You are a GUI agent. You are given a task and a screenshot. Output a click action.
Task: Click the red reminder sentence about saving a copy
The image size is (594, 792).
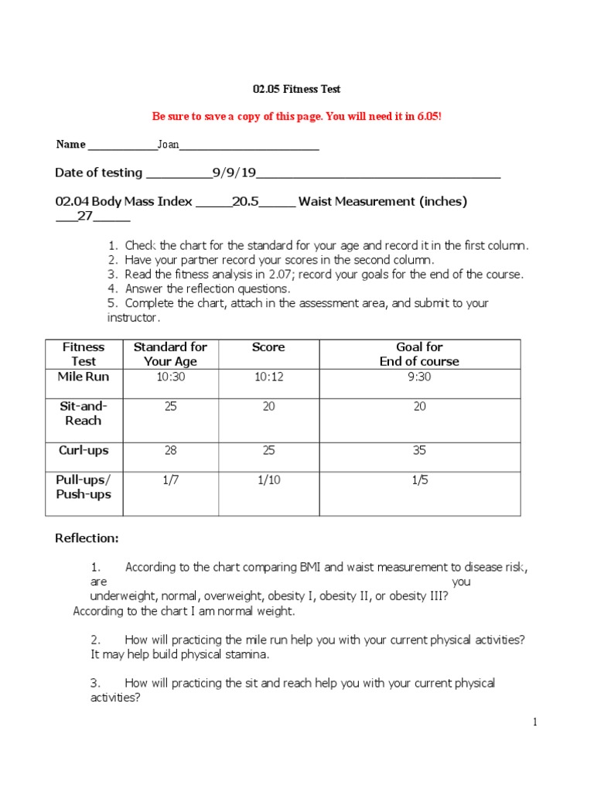click(x=297, y=116)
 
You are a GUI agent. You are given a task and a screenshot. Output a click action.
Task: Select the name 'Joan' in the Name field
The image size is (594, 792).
click(x=168, y=145)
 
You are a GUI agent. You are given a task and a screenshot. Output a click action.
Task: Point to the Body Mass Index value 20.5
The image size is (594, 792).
click(x=245, y=202)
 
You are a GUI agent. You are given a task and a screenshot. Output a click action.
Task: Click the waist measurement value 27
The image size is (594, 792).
click(x=85, y=217)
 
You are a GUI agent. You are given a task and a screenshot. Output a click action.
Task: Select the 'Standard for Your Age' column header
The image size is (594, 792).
click(x=170, y=354)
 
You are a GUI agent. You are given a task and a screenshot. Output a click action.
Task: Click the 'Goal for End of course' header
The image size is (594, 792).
click(x=419, y=354)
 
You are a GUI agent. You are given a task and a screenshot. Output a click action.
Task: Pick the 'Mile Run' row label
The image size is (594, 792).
click(x=84, y=377)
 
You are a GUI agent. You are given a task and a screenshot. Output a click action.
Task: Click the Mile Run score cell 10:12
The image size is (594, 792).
click(x=268, y=377)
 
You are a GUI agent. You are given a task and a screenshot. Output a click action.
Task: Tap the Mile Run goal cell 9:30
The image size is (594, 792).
click(x=419, y=377)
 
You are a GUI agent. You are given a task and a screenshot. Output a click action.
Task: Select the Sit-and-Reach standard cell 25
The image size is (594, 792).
click(x=170, y=407)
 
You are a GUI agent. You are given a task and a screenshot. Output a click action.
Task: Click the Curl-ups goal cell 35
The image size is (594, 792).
click(x=419, y=450)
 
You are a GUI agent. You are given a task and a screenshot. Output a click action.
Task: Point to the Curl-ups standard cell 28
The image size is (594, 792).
click(x=170, y=450)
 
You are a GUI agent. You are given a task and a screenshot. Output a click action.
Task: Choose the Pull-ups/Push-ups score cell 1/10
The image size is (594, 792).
click(x=268, y=480)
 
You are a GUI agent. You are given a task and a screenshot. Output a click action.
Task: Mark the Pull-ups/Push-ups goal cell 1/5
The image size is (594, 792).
click(x=419, y=480)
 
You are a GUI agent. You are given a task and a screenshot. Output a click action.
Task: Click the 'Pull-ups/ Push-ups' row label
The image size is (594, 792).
click(x=84, y=487)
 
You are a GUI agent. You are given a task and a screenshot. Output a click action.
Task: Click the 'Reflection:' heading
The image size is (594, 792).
click(x=87, y=538)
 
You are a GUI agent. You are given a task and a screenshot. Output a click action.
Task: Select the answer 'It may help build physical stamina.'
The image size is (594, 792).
click(x=179, y=654)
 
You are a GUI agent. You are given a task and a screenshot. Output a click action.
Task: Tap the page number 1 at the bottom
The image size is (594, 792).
click(x=534, y=722)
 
